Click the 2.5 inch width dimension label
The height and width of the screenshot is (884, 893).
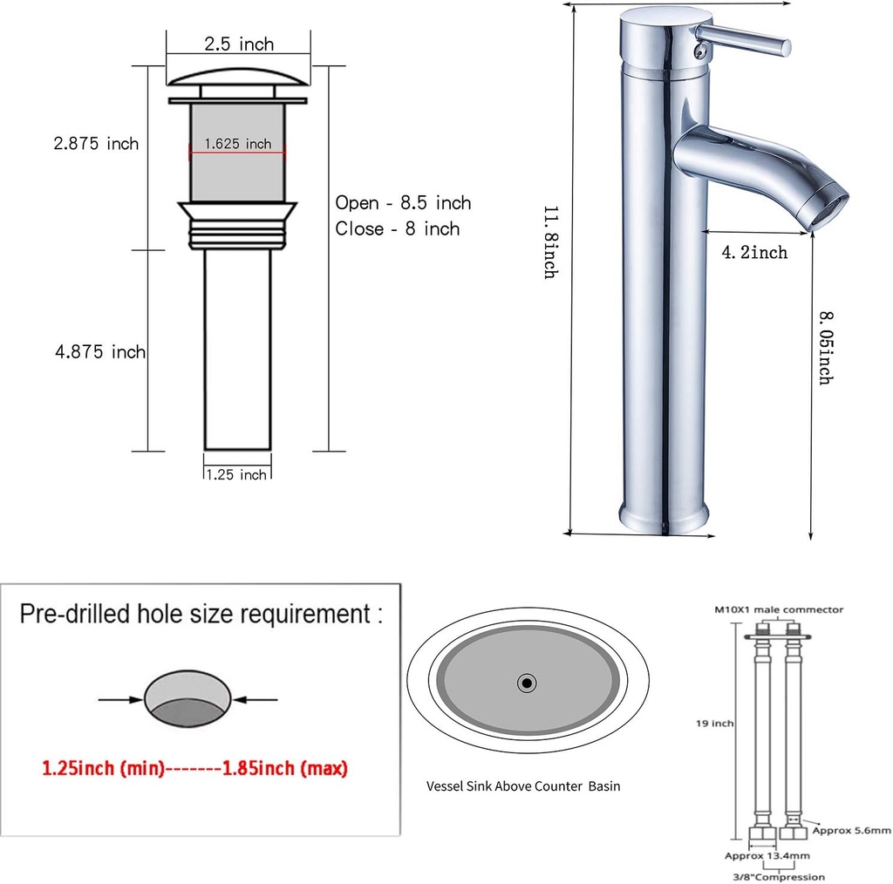point(238,44)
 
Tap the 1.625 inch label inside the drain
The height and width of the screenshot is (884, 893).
point(237,144)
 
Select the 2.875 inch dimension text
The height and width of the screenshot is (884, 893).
point(96,144)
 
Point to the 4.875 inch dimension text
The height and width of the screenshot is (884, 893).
point(100,352)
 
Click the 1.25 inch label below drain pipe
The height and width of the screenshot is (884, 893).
point(236,475)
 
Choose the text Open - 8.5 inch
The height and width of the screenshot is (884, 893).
point(403,203)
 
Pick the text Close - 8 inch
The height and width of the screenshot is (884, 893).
point(397,229)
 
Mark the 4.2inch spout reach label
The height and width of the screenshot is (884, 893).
point(754,253)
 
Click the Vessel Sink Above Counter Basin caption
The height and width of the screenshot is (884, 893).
point(523,785)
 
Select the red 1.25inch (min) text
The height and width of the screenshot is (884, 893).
point(103,769)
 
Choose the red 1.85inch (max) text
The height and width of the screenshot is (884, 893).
point(285,769)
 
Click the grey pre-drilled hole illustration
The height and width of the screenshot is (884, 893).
point(187,699)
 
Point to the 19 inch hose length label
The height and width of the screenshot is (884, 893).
point(713,724)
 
